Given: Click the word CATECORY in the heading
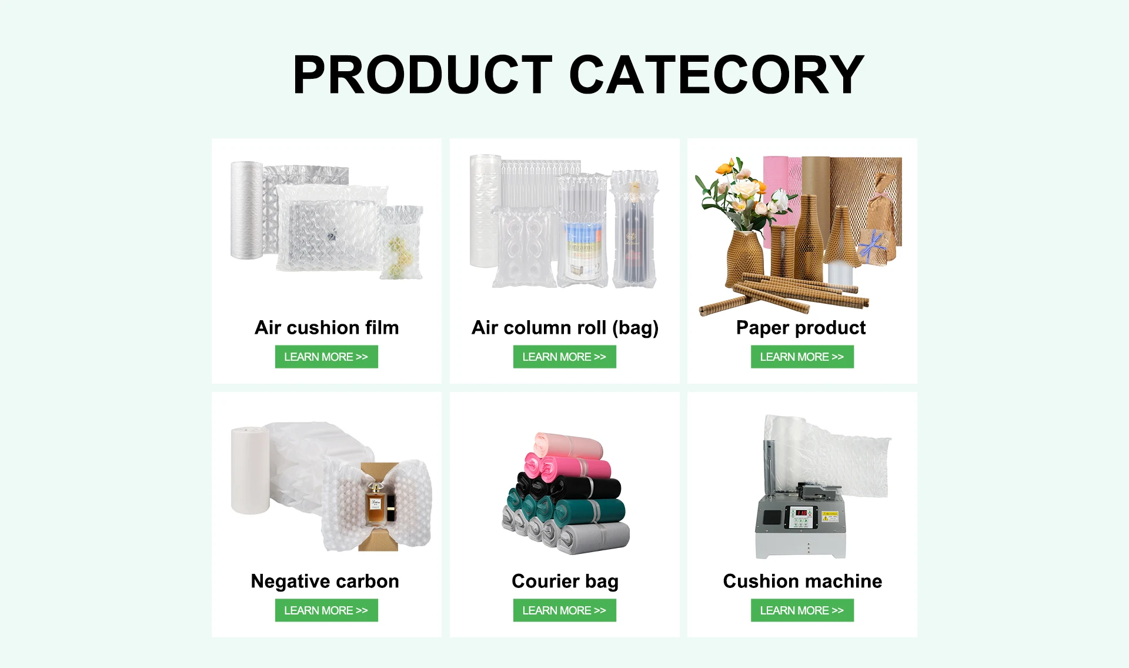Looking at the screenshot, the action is click(717, 74).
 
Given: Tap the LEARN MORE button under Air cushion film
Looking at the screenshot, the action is click(326, 357).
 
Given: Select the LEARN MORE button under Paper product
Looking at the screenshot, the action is click(802, 357).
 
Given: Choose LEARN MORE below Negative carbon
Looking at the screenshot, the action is click(326, 610).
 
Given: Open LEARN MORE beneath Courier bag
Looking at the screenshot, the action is click(564, 610).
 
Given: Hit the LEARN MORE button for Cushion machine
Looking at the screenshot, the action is click(802, 610).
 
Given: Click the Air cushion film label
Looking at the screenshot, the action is click(326, 327).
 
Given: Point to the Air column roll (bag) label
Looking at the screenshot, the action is click(564, 328).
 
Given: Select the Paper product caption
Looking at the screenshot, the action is click(801, 328).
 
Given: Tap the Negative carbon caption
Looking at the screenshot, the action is click(325, 581).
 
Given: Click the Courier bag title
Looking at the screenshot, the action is click(564, 581).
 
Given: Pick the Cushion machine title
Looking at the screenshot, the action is click(802, 581).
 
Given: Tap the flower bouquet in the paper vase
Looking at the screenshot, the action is click(742, 191).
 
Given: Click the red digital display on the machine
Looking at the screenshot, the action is click(801, 513).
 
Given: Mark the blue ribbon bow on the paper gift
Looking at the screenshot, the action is click(872, 245).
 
